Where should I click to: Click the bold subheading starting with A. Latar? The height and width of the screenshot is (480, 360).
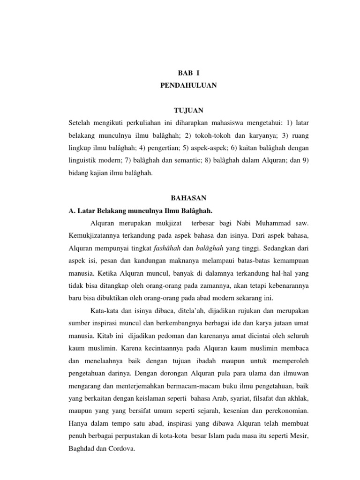point(143,210)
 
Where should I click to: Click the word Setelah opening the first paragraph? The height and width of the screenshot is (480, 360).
point(81,123)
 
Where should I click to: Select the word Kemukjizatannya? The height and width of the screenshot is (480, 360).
point(97,235)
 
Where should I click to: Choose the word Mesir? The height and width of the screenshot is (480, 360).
point(300,435)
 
